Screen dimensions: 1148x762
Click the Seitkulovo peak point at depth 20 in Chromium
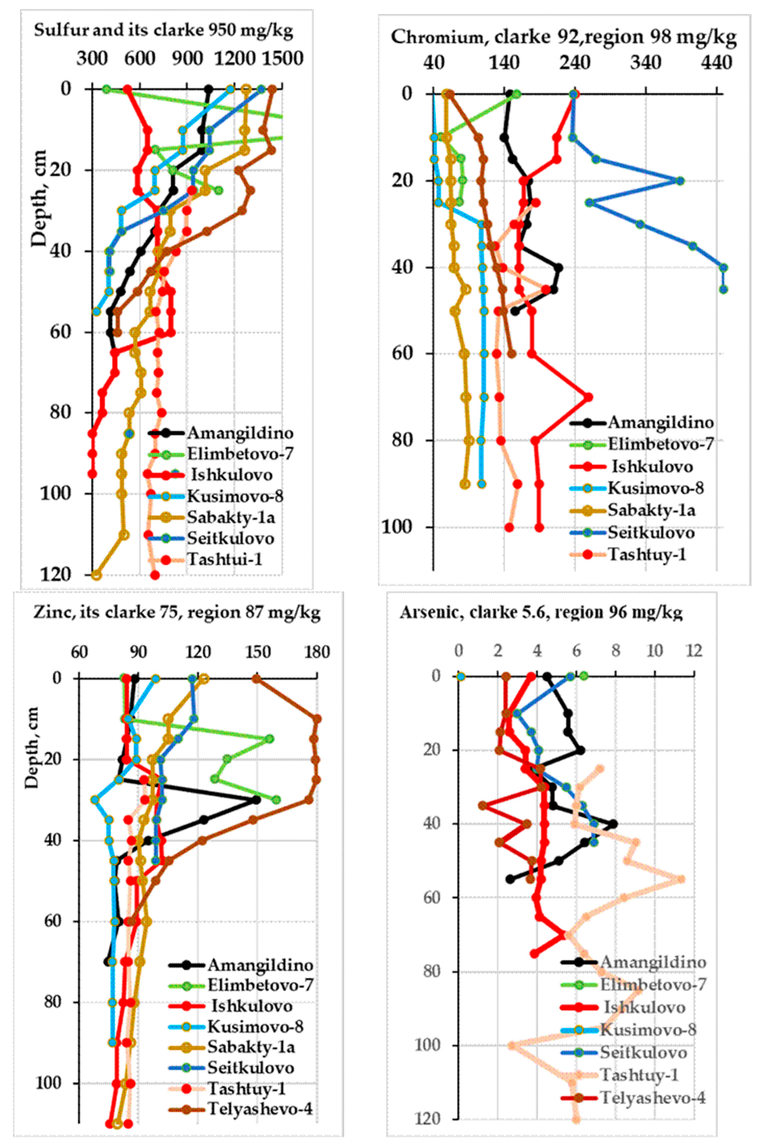click(x=680, y=181)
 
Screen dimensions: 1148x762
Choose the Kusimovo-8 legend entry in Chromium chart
click(x=655, y=488)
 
